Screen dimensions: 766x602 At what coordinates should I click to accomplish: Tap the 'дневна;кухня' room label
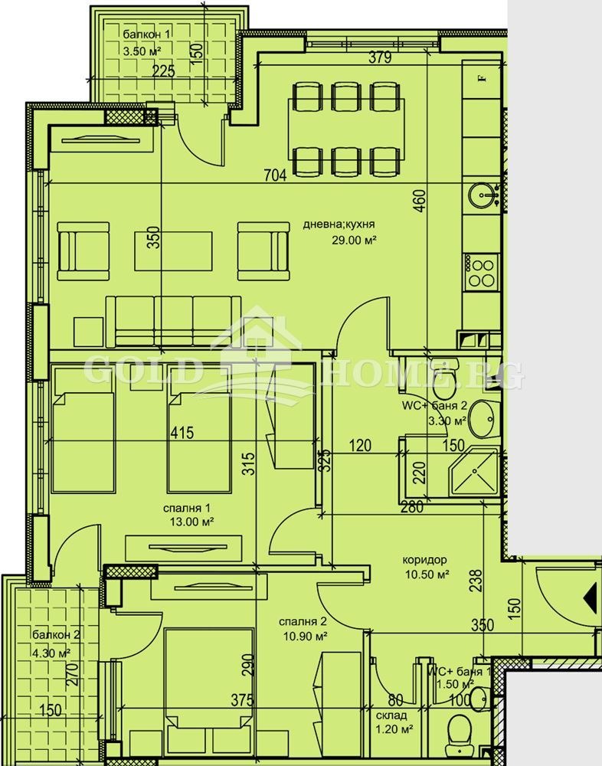pos(339,225)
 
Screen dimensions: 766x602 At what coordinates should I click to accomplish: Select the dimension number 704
pos(274,175)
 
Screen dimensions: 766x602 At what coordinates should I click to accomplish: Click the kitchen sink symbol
pos(483,195)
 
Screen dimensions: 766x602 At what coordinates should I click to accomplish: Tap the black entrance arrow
pos(591,595)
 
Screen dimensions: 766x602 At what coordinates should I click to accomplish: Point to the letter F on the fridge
pos(482,77)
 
